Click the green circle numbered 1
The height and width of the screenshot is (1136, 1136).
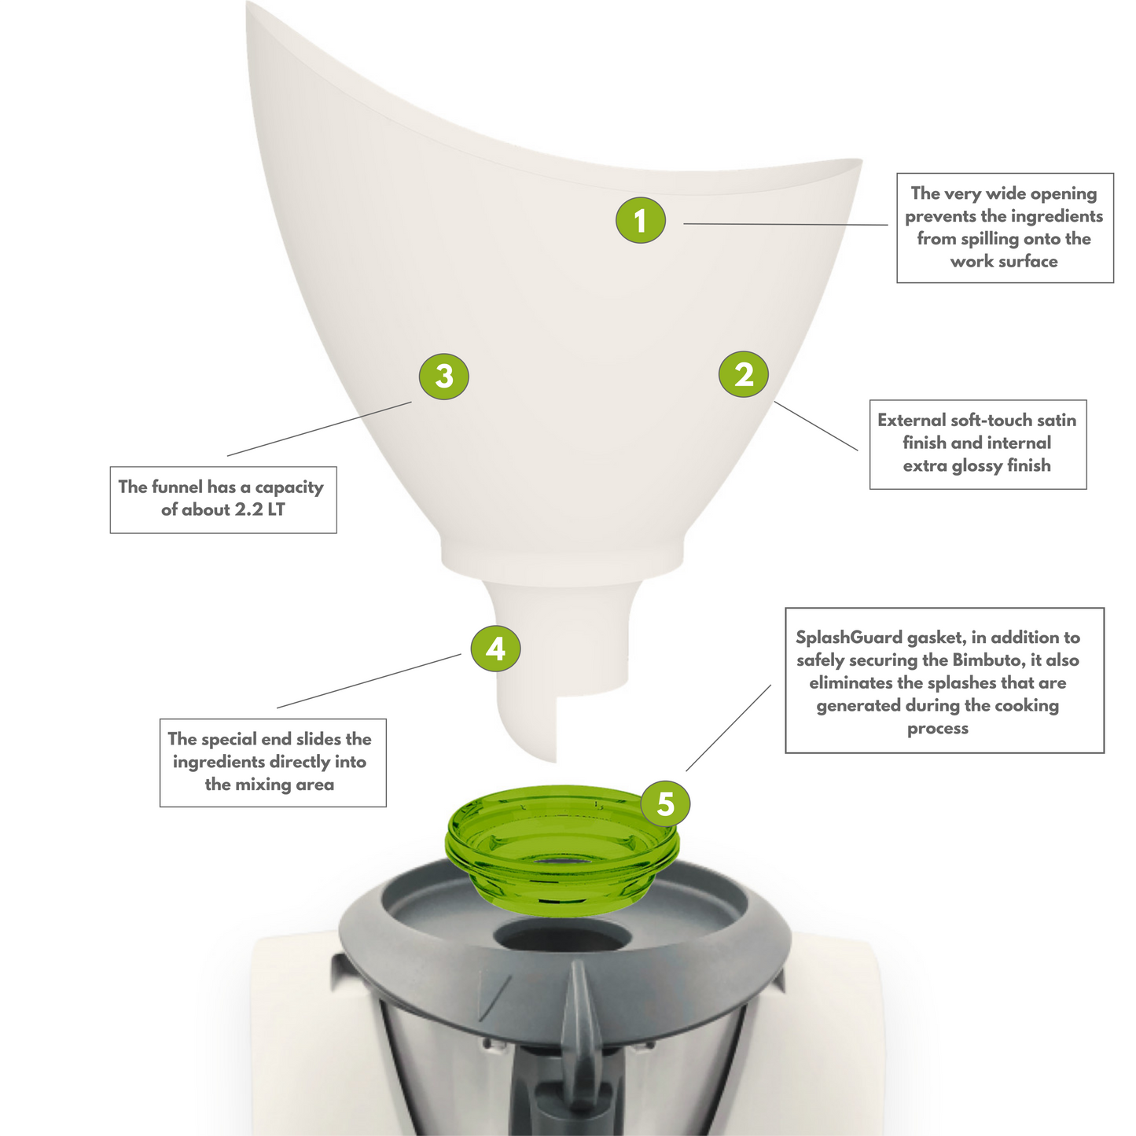[x=640, y=220]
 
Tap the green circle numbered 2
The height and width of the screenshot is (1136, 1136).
[x=744, y=374]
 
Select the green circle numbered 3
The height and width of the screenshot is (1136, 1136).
[x=444, y=376]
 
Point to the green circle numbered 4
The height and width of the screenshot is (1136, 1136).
[x=495, y=649]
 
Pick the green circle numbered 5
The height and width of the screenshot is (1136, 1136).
[x=666, y=803]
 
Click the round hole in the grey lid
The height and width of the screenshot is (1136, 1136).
[x=562, y=937]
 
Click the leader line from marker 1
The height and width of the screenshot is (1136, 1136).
[x=785, y=224]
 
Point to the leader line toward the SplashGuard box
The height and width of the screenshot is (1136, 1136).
[x=729, y=727]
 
